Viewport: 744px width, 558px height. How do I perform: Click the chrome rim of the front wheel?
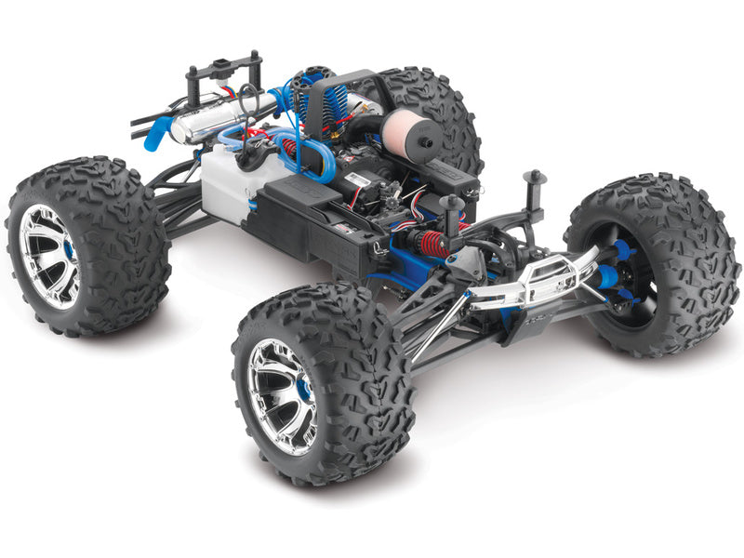tap(281, 395)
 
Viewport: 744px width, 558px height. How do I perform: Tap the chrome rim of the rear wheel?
tap(49, 255)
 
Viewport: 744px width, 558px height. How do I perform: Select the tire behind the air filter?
tap(437, 107)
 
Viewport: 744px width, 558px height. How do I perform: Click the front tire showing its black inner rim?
tap(651, 270)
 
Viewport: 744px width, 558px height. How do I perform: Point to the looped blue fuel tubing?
tap(307, 158)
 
